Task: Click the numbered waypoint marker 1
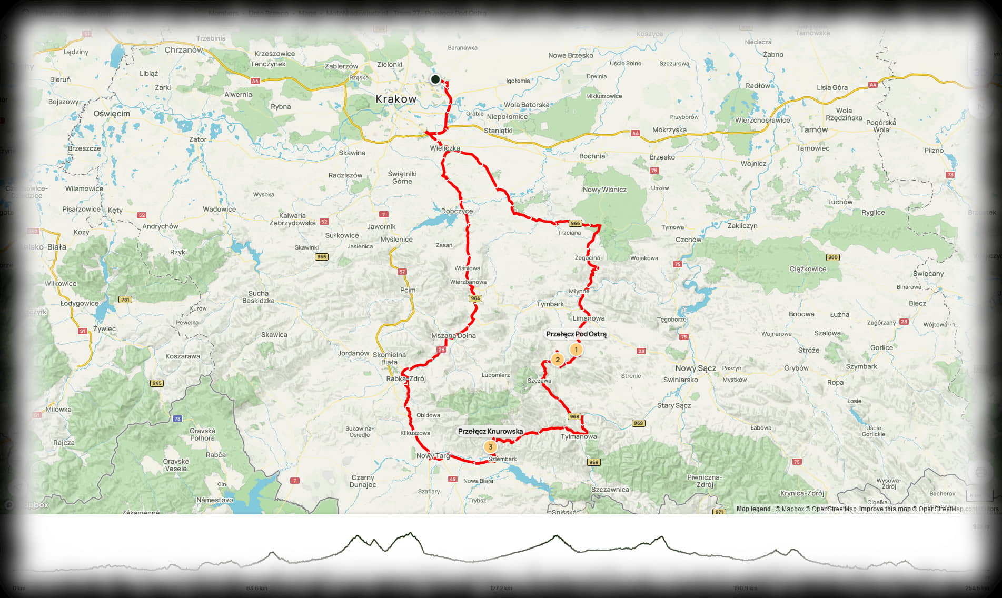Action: pos(576,350)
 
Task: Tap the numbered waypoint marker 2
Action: pos(557,360)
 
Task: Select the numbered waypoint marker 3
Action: pos(490,447)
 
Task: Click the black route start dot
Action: pos(435,79)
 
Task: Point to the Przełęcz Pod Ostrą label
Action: pos(576,334)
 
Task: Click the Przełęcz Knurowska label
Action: pos(490,432)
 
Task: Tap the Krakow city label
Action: pos(396,99)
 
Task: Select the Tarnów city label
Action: pos(813,129)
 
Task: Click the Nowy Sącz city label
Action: pos(696,368)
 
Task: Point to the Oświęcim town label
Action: pos(112,114)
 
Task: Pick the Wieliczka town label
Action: pos(445,148)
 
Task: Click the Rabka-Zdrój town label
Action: pos(406,378)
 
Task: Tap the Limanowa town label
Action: pos(589,318)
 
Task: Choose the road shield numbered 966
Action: pos(576,223)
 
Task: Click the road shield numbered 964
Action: pos(475,298)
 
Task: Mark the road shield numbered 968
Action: pos(574,417)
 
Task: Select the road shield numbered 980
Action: pos(833,257)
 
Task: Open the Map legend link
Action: pos(753,509)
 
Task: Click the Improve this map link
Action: pos(885,509)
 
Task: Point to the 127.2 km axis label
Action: pos(501,588)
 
